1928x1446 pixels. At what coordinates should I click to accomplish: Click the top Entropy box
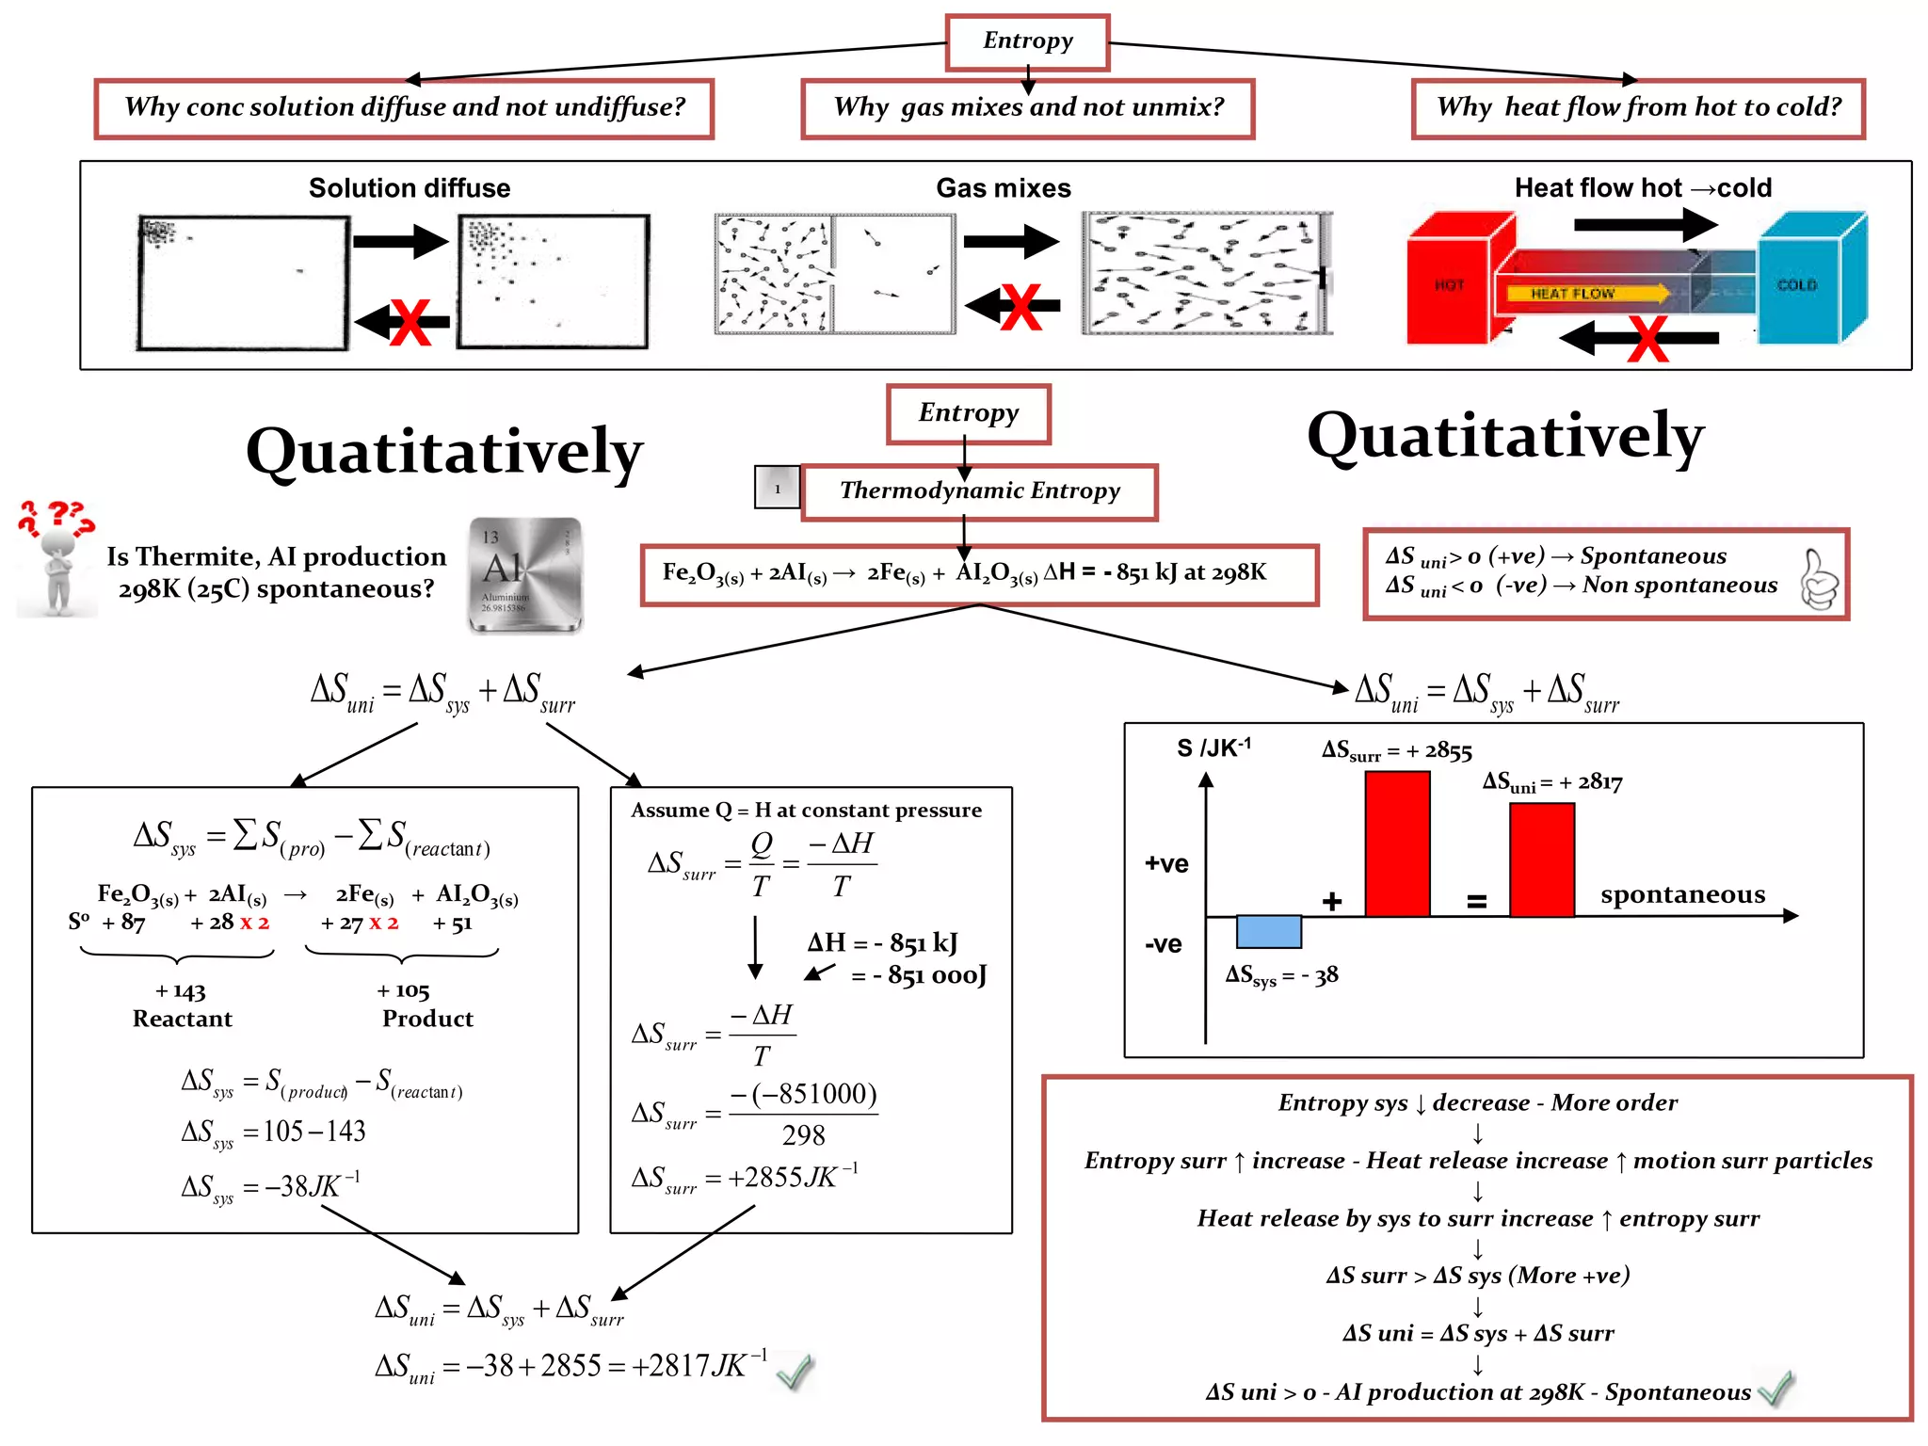(1027, 41)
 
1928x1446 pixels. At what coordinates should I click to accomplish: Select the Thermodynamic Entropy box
(979, 491)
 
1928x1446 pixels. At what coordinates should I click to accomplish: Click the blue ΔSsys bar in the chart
(1268, 931)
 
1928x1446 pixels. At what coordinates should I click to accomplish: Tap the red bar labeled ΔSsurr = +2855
(1397, 843)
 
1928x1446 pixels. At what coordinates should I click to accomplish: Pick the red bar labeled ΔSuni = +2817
(1541, 860)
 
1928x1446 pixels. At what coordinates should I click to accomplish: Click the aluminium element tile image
(525, 575)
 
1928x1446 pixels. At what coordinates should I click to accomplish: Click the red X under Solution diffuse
(410, 323)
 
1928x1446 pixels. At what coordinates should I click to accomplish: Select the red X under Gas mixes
(1021, 307)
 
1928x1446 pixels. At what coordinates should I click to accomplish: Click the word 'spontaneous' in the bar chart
(1682, 894)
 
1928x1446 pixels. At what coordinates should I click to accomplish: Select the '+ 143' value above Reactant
(180, 991)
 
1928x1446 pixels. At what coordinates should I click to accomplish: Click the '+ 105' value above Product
(403, 991)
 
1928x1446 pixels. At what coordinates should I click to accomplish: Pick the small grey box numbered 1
(777, 488)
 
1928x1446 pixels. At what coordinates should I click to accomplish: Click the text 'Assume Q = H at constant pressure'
(806, 811)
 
